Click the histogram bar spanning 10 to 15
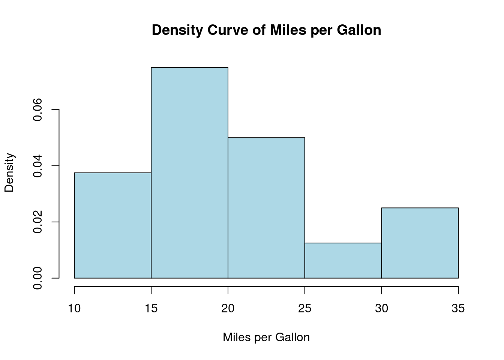pyautogui.click(x=112, y=225)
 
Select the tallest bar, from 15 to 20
pyautogui.click(x=189, y=172)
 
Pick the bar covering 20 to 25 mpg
pyautogui.click(x=266, y=208)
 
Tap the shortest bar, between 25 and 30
pyautogui.click(x=343, y=261)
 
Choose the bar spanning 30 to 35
pyautogui.click(x=420, y=243)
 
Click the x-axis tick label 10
pyautogui.click(x=74, y=309)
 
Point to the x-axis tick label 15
pyautogui.click(x=151, y=309)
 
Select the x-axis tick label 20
pyautogui.click(x=228, y=309)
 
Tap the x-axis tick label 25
pyautogui.click(x=305, y=309)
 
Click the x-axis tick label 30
pyautogui.click(x=381, y=309)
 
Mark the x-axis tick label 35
pyautogui.click(x=458, y=309)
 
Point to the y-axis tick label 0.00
pyautogui.click(x=37, y=278)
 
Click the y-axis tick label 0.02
pyautogui.click(x=37, y=222)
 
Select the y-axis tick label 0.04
pyautogui.click(x=37, y=166)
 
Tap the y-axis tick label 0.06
pyautogui.click(x=37, y=110)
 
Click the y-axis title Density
pyautogui.click(x=9, y=172)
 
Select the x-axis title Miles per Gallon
pyautogui.click(x=266, y=337)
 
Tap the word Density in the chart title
pyautogui.click(x=177, y=30)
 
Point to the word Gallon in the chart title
pyautogui.click(x=359, y=30)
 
